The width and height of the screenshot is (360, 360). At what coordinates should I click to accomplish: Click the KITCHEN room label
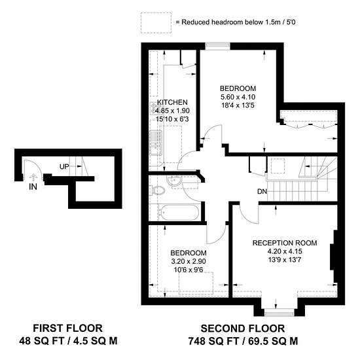(x=172, y=102)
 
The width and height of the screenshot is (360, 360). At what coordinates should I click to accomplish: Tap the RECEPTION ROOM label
(x=285, y=243)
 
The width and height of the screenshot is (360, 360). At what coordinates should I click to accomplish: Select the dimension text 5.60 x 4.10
(x=238, y=97)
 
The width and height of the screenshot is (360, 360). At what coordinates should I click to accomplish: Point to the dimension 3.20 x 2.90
(x=189, y=261)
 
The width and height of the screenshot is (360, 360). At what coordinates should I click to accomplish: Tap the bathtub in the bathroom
(x=179, y=212)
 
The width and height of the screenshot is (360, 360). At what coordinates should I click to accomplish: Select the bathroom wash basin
(x=174, y=181)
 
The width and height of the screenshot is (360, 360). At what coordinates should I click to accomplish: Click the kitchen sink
(x=156, y=142)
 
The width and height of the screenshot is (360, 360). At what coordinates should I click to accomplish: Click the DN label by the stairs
(x=262, y=191)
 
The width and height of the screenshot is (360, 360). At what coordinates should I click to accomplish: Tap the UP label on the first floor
(x=64, y=167)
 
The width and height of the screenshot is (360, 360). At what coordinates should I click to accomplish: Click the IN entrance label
(x=33, y=187)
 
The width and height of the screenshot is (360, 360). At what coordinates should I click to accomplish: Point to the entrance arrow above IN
(x=33, y=177)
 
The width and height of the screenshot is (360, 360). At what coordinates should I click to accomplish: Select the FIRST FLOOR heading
(x=67, y=328)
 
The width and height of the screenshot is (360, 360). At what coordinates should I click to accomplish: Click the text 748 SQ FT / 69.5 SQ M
(x=243, y=341)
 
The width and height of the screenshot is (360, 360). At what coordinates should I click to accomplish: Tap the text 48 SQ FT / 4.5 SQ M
(x=68, y=341)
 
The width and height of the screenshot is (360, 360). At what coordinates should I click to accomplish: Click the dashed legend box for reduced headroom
(x=156, y=23)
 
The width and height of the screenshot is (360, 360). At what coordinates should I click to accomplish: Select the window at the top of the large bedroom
(x=217, y=45)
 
